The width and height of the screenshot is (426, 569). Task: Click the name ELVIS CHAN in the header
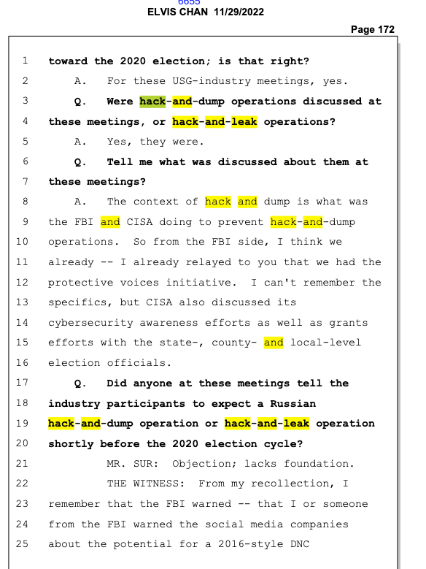pos(177,12)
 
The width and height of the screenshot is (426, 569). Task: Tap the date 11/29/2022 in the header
pos(239,12)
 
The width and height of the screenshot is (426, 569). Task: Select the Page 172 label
pos(372,29)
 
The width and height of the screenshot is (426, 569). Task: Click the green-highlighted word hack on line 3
pos(152,102)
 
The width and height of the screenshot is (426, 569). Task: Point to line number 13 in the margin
pos(22,302)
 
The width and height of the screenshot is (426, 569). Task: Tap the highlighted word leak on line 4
pos(244,121)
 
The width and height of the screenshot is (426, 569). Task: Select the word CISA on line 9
pos(139,222)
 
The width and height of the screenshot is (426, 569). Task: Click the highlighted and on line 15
pos(274,343)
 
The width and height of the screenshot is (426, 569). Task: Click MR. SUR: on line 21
pos(133,464)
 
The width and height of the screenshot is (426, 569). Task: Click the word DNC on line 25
pos(300,544)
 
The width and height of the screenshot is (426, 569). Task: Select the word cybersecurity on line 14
pos(90,323)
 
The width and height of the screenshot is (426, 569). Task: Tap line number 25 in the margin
pos(22,544)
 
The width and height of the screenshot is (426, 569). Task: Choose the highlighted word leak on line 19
pos(296,424)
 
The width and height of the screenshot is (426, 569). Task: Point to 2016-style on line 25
pos(250,544)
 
